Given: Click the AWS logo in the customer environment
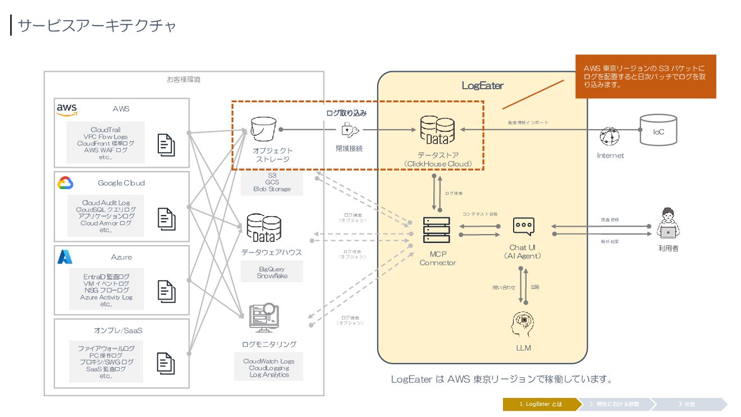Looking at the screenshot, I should (67, 109).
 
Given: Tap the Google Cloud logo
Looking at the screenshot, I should (65, 183).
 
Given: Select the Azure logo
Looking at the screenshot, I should (65, 257).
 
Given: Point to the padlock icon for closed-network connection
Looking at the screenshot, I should (349, 130).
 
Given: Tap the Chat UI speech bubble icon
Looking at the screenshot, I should (523, 226).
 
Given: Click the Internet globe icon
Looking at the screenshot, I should (609, 136).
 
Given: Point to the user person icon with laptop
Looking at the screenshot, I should (667, 223).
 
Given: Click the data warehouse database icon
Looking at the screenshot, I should (264, 227).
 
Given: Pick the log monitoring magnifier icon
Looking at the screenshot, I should (264, 318).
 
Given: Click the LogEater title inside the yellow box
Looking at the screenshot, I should (482, 86).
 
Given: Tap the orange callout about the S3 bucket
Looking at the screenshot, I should (646, 76).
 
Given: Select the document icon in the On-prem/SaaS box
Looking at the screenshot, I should (166, 363).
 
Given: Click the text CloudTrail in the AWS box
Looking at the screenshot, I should (106, 130).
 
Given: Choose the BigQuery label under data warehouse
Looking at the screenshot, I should (272, 269).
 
